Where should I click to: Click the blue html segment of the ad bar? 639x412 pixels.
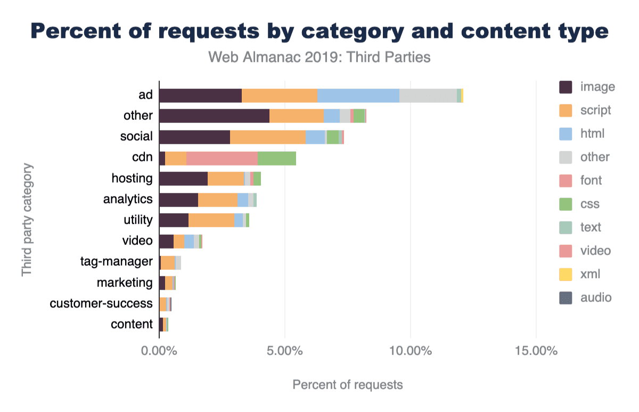tap(358, 95)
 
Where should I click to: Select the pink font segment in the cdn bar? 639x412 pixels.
tap(222, 158)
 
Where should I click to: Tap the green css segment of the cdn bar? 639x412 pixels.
tap(276, 158)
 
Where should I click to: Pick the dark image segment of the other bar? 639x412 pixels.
tap(214, 116)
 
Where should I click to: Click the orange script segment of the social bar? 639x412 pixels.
tap(267, 137)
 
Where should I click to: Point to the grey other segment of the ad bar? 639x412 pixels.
tap(428, 95)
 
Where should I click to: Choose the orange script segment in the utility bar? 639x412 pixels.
tap(211, 220)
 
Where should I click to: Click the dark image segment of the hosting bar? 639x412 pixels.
tap(183, 178)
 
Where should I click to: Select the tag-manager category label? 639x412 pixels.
tap(117, 261)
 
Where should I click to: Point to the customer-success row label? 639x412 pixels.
tap(101, 303)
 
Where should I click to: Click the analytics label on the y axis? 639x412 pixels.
tap(128, 199)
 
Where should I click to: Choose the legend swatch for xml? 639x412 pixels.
tap(566, 274)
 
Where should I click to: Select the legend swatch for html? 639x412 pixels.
tap(566, 134)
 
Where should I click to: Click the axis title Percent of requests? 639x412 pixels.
tap(347, 384)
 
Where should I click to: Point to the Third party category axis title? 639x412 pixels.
tap(27, 220)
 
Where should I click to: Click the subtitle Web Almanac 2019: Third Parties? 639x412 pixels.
tap(319, 57)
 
